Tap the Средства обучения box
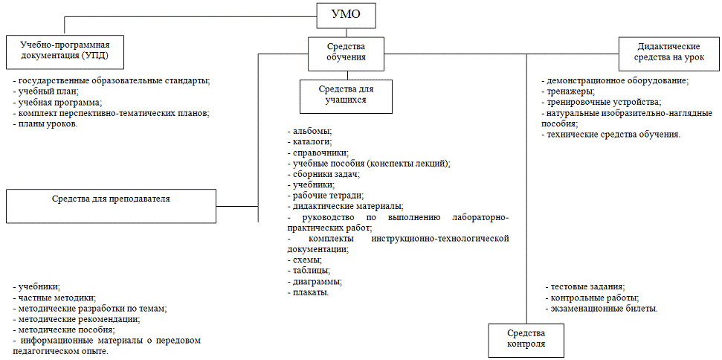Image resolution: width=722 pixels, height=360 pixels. pos(347,54)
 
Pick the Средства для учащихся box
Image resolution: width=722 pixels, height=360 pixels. pos(346,95)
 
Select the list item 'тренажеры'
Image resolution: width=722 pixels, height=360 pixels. pos(569,91)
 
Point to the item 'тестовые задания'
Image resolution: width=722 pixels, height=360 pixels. pos(586,286)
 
